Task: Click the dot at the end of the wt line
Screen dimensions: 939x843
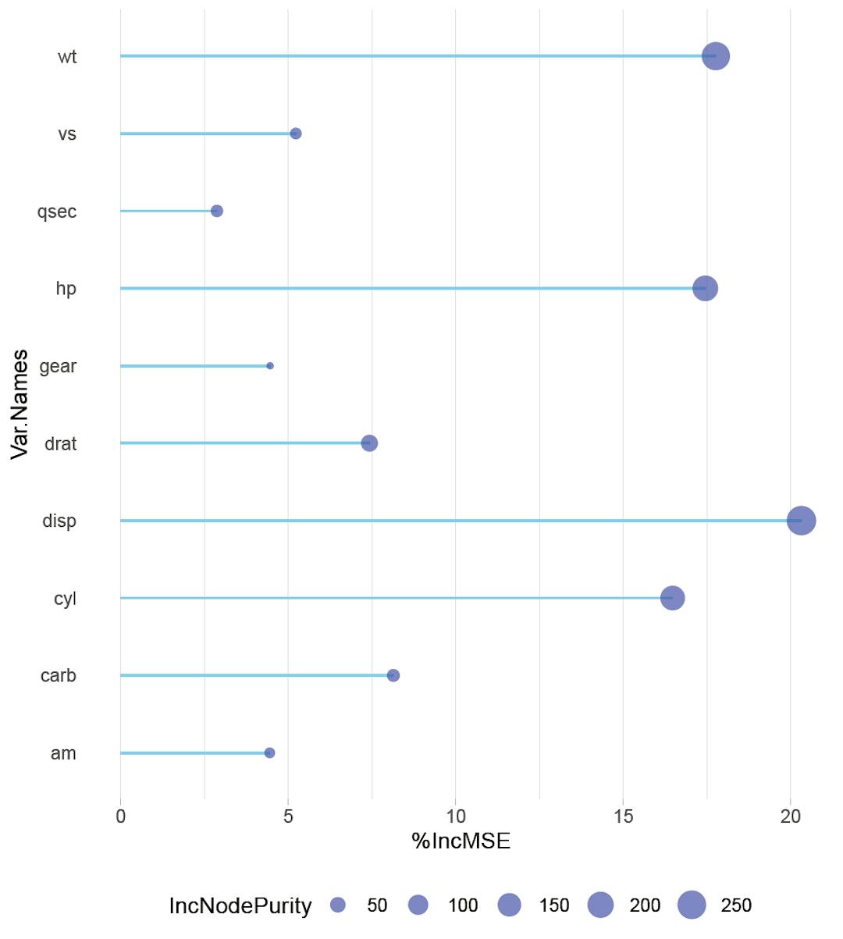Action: pyautogui.click(x=715, y=56)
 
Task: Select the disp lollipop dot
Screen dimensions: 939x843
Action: pyautogui.click(x=801, y=521)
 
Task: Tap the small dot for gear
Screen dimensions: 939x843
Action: pyautogui.click(x=270, y=366)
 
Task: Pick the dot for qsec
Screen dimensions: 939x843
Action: pyautogui.click(x=217, y=211)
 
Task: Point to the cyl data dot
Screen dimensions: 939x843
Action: pyautogui.click(x=672, y=598)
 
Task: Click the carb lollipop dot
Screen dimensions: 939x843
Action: pyautogui.click(x=393, y=675)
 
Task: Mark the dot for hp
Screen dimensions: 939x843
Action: pyautogui.click(x=705, y=288)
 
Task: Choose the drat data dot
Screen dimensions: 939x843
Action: pyautogui.click(x=369, y=443)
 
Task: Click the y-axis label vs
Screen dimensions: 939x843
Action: pyautogui.click(x=67, y=134)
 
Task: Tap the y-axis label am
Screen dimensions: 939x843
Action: pyautogui.click(x=63, y=753)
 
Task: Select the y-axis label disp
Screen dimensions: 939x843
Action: pyautogui.click(x=59, y=521)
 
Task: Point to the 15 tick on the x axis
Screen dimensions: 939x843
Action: pyautogui.click(x=623, y=816)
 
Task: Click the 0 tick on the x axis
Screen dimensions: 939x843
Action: pyautogui.click(x=120, y=816)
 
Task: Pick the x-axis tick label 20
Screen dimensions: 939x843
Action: pyautogui.click(x=791, y=816)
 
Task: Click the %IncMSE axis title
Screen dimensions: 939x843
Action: pyautogui.click(x=461, y=841)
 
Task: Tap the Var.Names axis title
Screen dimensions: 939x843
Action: pyautogui.click(x=20, y=404)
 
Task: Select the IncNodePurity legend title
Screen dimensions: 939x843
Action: pyautogui.click(x=240, y=905)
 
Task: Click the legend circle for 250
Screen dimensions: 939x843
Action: pyautogui.click(x=692, y=905)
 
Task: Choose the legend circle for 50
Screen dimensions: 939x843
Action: pyautogui.click(x=338, y=905)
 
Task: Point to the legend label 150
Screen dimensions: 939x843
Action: pyautogui.click(x=553, y=905)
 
